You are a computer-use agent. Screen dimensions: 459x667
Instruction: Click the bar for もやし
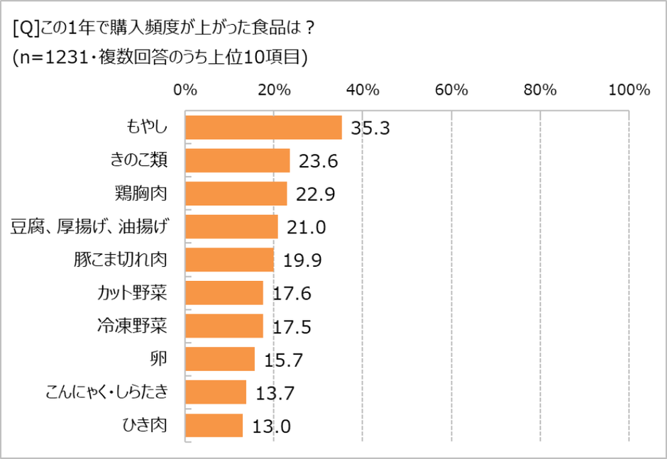pyautogui.click(x=263, y=128)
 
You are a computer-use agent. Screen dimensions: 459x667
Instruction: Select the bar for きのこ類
pyautogui.click(x=237, y=161)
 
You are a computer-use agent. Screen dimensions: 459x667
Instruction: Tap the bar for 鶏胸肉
pyautogui.click(x=236, y=194)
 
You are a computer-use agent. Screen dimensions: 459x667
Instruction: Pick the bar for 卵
pyautogui.click(x=220, y=359)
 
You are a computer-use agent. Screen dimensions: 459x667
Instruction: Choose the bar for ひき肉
pyautogui.click(x=214, y=426)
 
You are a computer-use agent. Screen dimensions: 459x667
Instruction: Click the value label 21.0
pyautogui.click(x=307, y=228)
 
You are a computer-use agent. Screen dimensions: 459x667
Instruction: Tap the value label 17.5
pyautogui.click(x=292, y=327)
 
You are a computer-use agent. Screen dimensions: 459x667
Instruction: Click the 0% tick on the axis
pyautogui.click(x=185, y=90)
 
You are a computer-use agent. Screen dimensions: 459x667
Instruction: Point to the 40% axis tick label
pyautogui.click(x=363, y=90)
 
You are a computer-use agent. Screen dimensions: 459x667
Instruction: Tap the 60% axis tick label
pyautogui.click(x=451, y=90)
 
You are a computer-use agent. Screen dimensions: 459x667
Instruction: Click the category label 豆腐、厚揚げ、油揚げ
pyautogui.click(x=90, y=227)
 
